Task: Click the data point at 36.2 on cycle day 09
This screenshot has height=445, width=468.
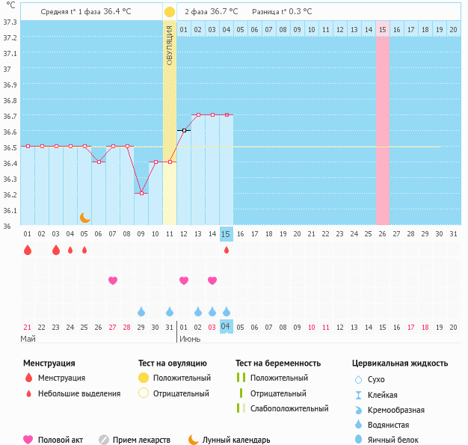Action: click(x=141, y=193)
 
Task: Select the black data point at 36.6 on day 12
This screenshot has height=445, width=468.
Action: click(x=184, y=130)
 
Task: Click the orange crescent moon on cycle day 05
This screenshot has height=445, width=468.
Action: click(x=85, y=218)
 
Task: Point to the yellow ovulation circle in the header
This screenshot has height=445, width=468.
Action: click(x=170, y=12)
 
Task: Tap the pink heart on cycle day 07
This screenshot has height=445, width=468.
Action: click(x=113, y=280)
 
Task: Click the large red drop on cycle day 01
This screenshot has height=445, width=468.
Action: click(x=28, y=250)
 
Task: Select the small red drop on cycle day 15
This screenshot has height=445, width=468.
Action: click(x=227, y=250)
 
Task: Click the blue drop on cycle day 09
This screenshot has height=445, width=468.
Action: click(x=141, y=311)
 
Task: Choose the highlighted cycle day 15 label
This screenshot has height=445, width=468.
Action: click(x=227, y=234)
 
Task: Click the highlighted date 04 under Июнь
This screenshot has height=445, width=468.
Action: click(x=227, y=327)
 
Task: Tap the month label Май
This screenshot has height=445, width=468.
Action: click(x=28, y=339)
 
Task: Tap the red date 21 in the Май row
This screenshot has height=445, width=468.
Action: click(x=28, y=327)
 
